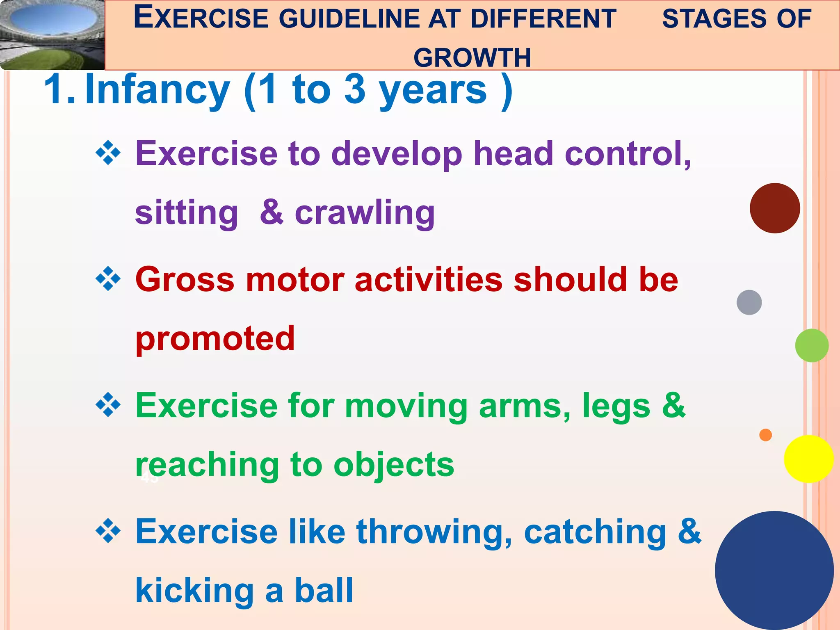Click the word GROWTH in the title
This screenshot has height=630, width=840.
[472, 57]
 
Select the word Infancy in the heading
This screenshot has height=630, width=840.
[157, 90]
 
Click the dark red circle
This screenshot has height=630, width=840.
[775, 208]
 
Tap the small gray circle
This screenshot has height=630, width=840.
[749, 302]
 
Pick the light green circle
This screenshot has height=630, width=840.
[812, 345]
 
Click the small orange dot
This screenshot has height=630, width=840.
[765, 435]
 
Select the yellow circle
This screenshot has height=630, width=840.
[808, 459]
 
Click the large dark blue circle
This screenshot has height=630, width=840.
[774, 570]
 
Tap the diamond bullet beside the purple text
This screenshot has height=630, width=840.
[108, 153]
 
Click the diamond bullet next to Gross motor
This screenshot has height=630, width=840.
[108, 279]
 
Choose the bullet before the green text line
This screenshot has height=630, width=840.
[108, 405]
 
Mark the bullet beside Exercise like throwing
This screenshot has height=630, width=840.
[108, 531]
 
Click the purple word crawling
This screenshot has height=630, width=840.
[365, 213]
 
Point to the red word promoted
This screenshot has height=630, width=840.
[215, 339]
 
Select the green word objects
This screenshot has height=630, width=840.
[394, 465]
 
